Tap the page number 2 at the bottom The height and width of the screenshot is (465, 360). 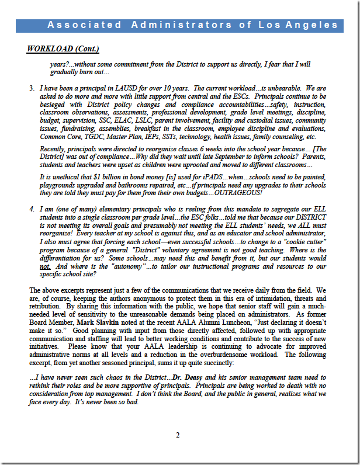coord(178,435)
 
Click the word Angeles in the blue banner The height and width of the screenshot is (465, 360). coord(316,25)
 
